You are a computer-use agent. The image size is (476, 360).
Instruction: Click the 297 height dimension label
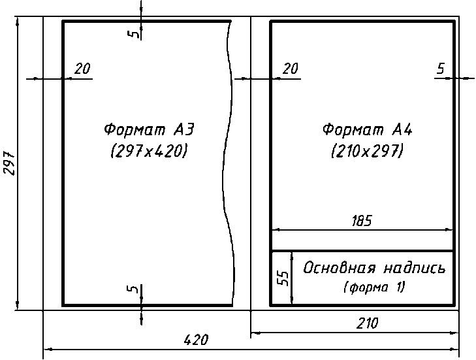click(x=9, y=163)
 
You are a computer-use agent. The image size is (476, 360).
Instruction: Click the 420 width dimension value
click(x=197, y=340)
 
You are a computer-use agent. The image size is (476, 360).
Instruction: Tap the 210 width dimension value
click(x=368, y=323)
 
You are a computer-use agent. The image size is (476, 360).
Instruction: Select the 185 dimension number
click(x=362, y=221)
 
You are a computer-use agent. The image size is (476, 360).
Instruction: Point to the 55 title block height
click(x=283, y=278)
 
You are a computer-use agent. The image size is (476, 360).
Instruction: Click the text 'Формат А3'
click(x=149, y=129)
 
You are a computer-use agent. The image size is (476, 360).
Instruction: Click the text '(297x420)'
click(x=149, y=151)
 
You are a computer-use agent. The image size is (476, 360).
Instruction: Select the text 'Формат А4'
click(x=368, y=129)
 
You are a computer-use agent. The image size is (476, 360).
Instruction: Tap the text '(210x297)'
click(x=368, y=151)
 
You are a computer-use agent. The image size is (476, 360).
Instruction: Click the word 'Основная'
click(x=340, y=268)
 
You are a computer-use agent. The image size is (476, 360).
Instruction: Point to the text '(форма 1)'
click(x=375, y=287)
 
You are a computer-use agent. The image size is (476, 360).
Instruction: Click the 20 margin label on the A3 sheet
click(x=82, y=69)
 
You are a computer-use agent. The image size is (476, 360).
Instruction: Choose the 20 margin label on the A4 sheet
click(x=291, y=69)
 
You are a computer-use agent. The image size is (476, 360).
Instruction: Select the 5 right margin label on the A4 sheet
click(x=441, y=69)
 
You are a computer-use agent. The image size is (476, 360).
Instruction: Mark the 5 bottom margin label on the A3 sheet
click(x=133, y=289)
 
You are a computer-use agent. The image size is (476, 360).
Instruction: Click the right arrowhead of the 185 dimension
click(x=449, y=230)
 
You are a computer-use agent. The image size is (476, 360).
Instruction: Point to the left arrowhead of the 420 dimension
click(x=48, y=350)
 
